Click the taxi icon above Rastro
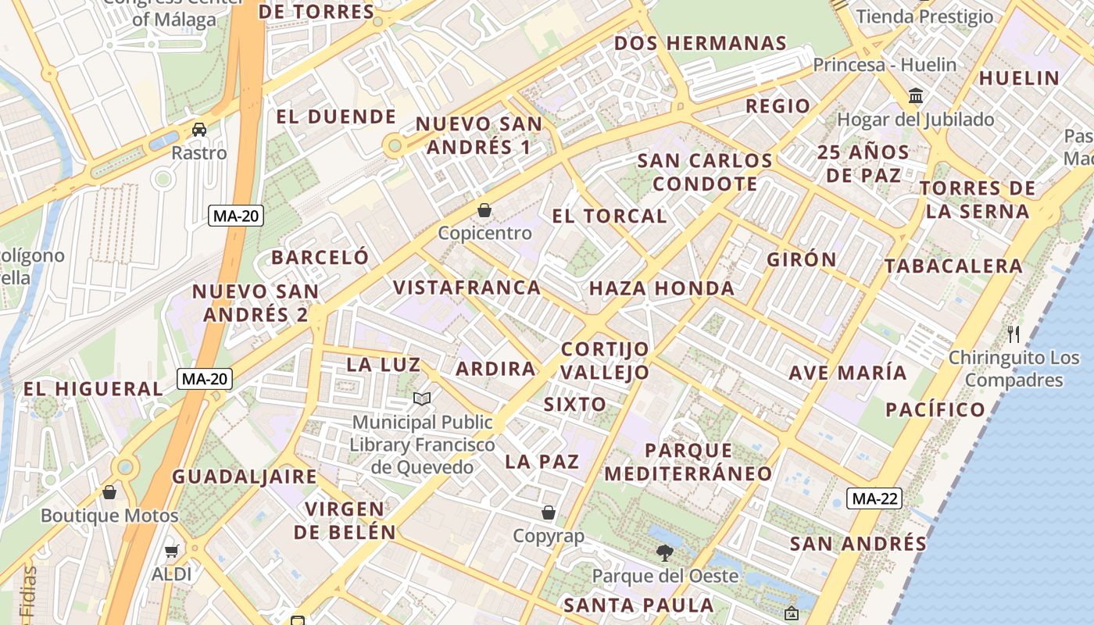point(199,129)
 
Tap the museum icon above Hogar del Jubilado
point(915,96)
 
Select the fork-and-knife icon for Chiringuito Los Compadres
point(1014,334)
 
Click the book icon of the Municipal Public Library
point(422,399)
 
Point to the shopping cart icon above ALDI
point(172,551)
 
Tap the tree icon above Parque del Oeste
point(665,553)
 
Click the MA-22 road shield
point(875,498)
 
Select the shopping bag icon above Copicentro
point(484,210)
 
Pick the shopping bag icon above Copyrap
point(549,512)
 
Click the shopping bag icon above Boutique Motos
point(109,492)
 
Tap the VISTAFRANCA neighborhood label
point(467,287)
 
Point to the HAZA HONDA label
point(661,288)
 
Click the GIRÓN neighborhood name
point(801,259)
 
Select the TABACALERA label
point(953,266)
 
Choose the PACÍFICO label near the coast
point(935,409)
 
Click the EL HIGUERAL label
point(93,388)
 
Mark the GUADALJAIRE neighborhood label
point(245,477)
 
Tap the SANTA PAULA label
point(638,605)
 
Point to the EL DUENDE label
point(336,117)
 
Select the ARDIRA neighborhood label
point(495,369)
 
